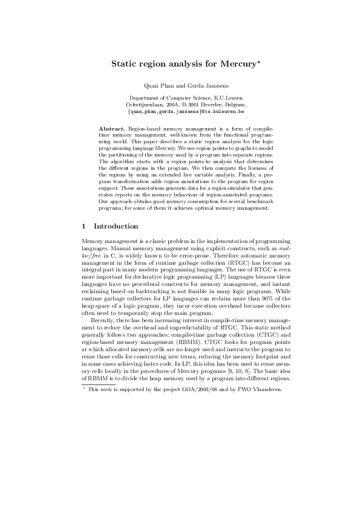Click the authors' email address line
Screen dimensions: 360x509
click(x=180, y=112)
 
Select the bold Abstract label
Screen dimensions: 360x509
click(x=112, y=129)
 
